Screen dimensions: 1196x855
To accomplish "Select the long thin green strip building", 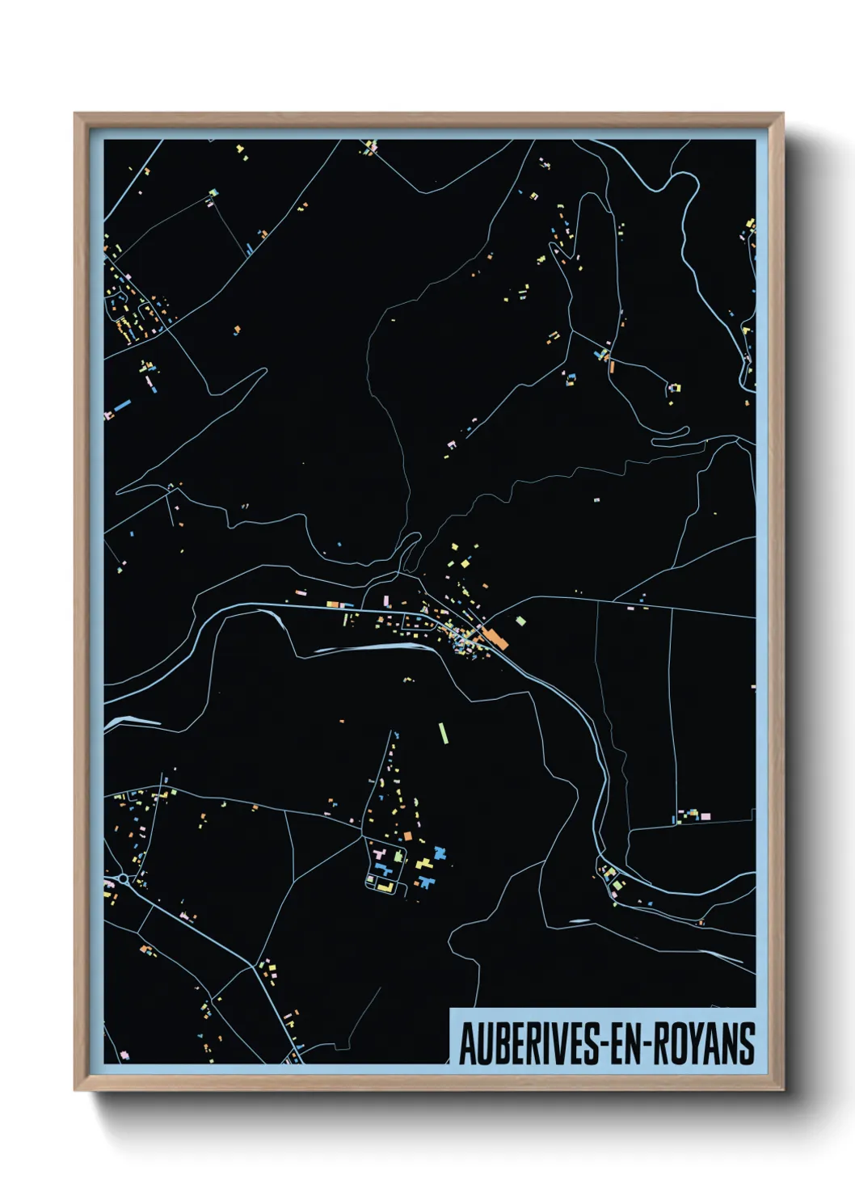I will pos(443,733).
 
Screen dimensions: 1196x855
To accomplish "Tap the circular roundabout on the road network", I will pos(122,878).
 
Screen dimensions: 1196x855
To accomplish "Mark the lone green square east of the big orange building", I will pos(521,621).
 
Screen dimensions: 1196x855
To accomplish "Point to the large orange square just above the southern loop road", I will pos(408,836).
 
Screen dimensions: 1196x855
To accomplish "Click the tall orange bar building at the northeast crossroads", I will pos(612,365).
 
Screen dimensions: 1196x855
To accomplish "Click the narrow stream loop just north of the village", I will pos(411,551).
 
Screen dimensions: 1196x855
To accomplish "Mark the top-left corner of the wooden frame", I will pos(75,114).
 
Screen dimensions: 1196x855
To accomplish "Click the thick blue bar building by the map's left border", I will pos(122,405).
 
